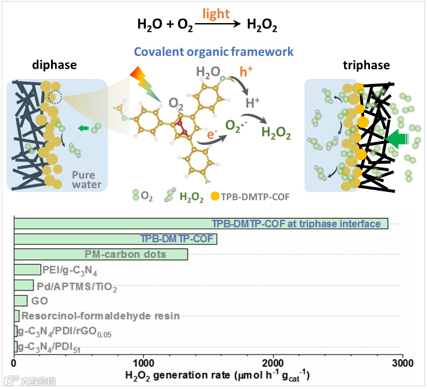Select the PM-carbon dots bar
(101, 254)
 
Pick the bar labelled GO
(21, 301)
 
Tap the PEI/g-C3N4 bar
(28, 270)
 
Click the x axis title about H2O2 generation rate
(217, 376)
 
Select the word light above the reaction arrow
(216, 14)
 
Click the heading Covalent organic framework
(214, 52)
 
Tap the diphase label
(54, 65)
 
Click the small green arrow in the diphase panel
(83, 129)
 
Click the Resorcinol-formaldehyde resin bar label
(100, 316)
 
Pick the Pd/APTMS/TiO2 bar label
(80, 286)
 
